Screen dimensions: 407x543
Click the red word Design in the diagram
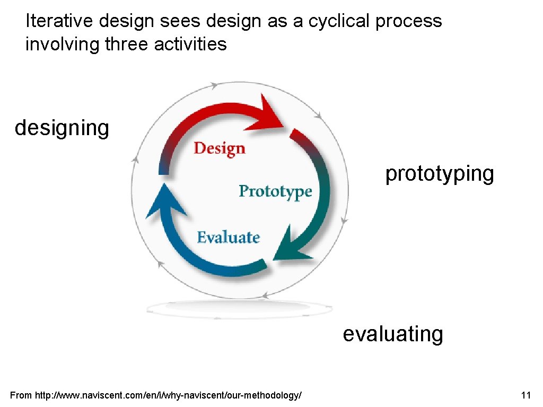pos(219,148)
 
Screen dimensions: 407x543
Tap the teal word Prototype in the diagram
pos(275,191)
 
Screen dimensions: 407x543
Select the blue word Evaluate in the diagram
pos(228,237)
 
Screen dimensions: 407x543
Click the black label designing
pos(62,128)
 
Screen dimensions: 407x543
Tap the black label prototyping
pos(440,173)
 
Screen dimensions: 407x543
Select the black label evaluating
pos(393,334)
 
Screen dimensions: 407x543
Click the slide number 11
pos(526,395)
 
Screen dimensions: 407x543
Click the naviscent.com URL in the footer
pos(169,395)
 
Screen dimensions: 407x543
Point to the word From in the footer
pos(21,395)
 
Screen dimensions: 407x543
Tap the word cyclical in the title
pos(335,21)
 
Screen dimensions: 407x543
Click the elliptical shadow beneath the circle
pos(239,308)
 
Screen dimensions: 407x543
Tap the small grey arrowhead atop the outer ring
pos(214,85)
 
